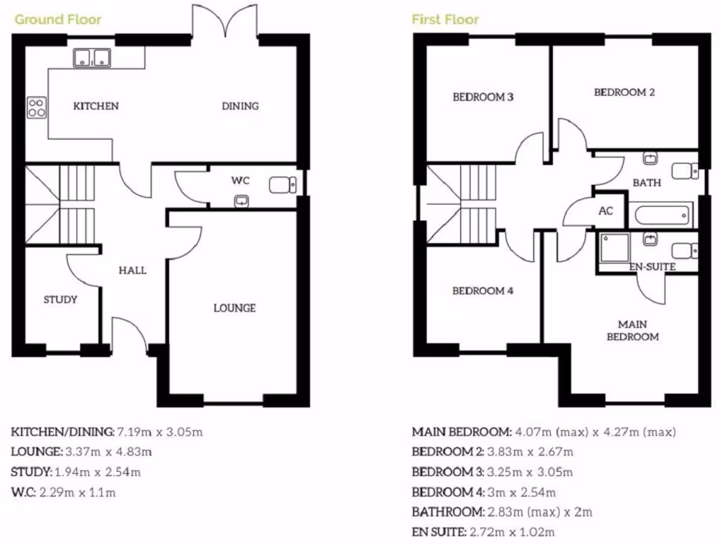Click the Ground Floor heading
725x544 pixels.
(x=58, y=19)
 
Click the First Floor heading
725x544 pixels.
(x=445, y=19)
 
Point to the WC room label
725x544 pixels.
(x=241, y=181)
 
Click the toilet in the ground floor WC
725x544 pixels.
(x=283, y=185)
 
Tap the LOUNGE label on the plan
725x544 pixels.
(x=234, y=308)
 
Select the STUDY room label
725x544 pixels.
(x=60, y=300)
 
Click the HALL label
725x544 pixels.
(x=132, y=270)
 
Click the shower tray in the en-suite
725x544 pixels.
(x=613, y=249)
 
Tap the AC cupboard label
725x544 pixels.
(x=605, y=211)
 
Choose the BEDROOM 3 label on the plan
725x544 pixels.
(x=483, y=97)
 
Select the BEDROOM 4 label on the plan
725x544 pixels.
(x=482, y=290)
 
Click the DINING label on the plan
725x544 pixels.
(x=240, y=106)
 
